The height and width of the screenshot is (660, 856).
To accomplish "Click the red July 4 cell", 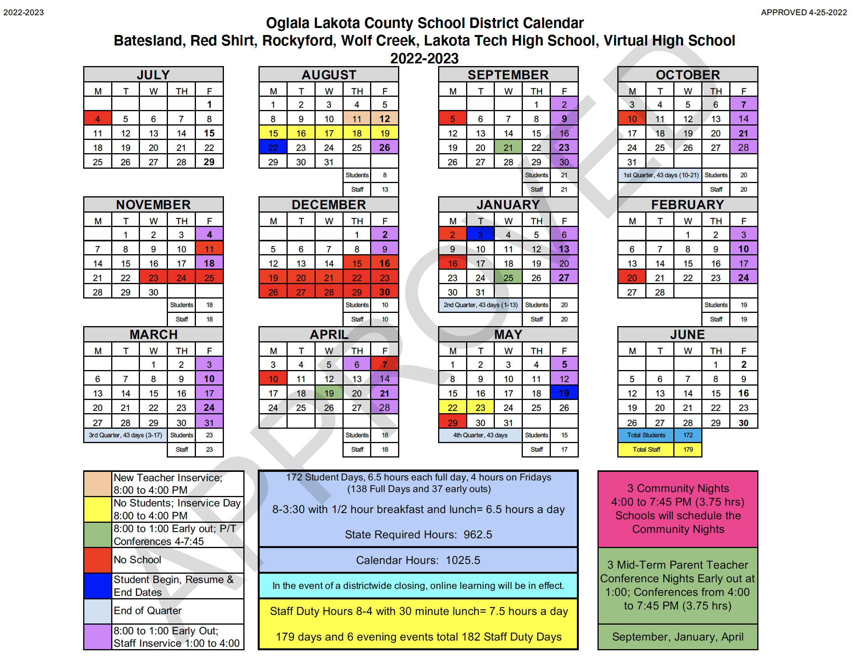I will click(x=98, y=119).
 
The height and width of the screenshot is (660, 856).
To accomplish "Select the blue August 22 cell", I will click(x=273, y=147).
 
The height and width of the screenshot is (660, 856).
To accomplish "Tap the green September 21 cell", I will click(x=508, y=147).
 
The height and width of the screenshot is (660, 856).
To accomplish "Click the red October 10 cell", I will click(x=632, y=119).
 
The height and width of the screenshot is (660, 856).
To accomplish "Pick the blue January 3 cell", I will click(x=480, y=234).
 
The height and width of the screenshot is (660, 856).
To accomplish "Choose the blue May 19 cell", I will click(x=564, y=393).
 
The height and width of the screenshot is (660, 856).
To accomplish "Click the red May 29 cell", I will click(x=452, y=423).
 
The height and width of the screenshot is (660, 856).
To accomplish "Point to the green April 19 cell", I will click(x=329, y=393).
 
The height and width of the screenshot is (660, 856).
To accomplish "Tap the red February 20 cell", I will click(x=632, y=278).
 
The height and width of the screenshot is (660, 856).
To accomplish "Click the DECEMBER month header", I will click(x=328, y=204).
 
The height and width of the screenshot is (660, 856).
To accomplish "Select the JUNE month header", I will click(x=687, y=334).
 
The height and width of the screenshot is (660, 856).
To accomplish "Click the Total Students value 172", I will click(x=688, y=435).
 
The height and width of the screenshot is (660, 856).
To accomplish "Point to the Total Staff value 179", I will click(x=688, y=450).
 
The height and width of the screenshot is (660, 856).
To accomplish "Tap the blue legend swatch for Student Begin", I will click(x=98, y=585).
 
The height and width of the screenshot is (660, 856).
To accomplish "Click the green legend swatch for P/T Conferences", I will click(x=98, y=534).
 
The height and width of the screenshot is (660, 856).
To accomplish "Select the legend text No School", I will click(x=137, y=560).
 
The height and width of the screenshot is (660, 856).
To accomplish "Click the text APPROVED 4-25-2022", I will click(x=804, y=12).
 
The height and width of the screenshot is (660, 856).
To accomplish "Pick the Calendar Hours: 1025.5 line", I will click(x=418, y=560).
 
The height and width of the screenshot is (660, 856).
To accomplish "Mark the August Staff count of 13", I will click(x=385, y=190).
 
